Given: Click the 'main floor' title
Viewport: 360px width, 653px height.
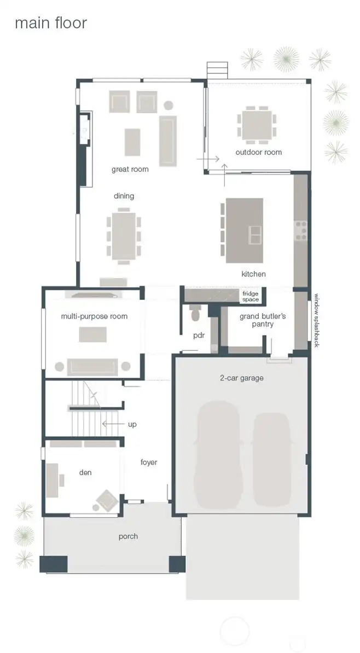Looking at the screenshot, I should coord(50,24).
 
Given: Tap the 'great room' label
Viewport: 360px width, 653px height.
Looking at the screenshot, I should coord(130,169).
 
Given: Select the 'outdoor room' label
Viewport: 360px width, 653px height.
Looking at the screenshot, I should coord(259,152).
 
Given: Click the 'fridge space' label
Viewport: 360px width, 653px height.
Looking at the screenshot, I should coord(251,297).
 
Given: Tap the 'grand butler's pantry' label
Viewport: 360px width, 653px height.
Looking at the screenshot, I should coord(263,320).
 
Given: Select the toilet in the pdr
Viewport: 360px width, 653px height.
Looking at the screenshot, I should coord(195,314).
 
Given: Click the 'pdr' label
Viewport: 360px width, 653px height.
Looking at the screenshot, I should coord(199,336).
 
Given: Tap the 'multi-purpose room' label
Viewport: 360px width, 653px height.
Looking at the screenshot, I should coord(94,316).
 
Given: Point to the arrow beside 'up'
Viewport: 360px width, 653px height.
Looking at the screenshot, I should coord(112,424).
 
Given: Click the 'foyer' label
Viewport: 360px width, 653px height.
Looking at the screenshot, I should coord(149,463).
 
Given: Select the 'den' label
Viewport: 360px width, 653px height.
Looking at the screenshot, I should coord(85,472).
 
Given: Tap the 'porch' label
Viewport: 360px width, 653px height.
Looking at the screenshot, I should coord(129,536).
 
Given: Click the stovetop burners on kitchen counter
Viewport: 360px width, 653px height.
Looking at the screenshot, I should coord(301,230).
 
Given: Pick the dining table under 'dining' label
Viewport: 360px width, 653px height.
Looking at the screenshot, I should coord(124,235).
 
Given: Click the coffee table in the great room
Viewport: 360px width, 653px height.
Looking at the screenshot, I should coord(132,142).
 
